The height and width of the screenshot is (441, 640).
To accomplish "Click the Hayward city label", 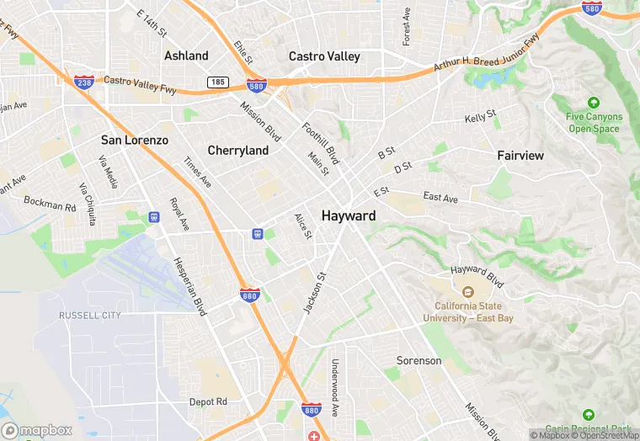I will pos(349,216).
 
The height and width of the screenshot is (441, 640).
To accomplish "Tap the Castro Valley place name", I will pos(324,56).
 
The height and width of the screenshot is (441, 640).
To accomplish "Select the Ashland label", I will pos(186,56).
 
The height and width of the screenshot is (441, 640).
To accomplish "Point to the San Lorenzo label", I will pos(135,140).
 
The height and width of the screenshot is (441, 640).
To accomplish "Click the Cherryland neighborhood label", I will pos(238,151).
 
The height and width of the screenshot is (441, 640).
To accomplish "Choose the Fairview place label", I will pos(520,156).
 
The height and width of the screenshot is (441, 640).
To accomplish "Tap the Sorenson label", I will pos(419,361).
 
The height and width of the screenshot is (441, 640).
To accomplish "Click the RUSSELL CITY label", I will pos(90,316).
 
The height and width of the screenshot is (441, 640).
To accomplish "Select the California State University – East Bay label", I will pos(474,312).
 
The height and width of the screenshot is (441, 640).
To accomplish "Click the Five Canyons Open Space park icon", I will pos(595,101).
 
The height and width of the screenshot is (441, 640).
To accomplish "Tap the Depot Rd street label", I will pos(208,402).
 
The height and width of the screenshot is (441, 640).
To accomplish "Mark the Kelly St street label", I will pos(480,117).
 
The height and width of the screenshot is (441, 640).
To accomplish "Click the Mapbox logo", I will pos(37,430).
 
